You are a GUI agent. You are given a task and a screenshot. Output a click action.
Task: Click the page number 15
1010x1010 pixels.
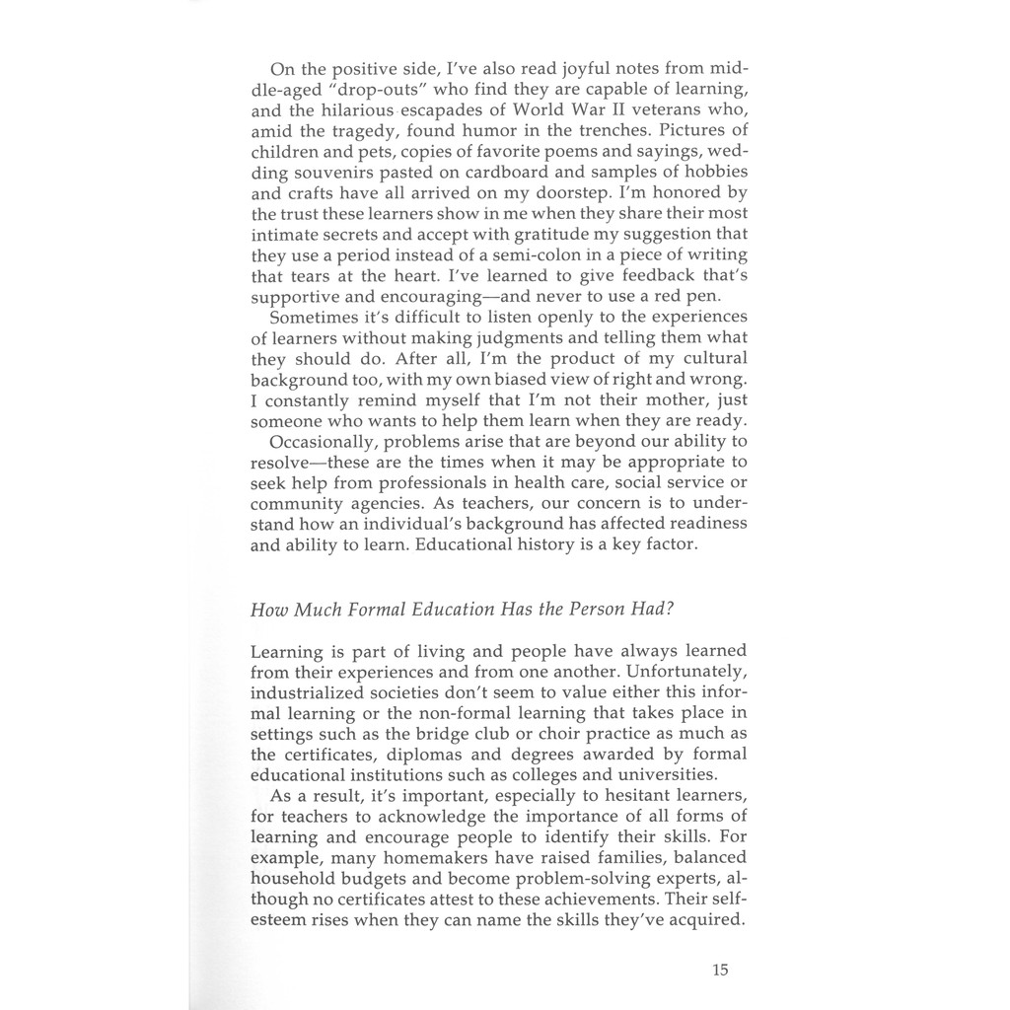click(719, 970)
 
